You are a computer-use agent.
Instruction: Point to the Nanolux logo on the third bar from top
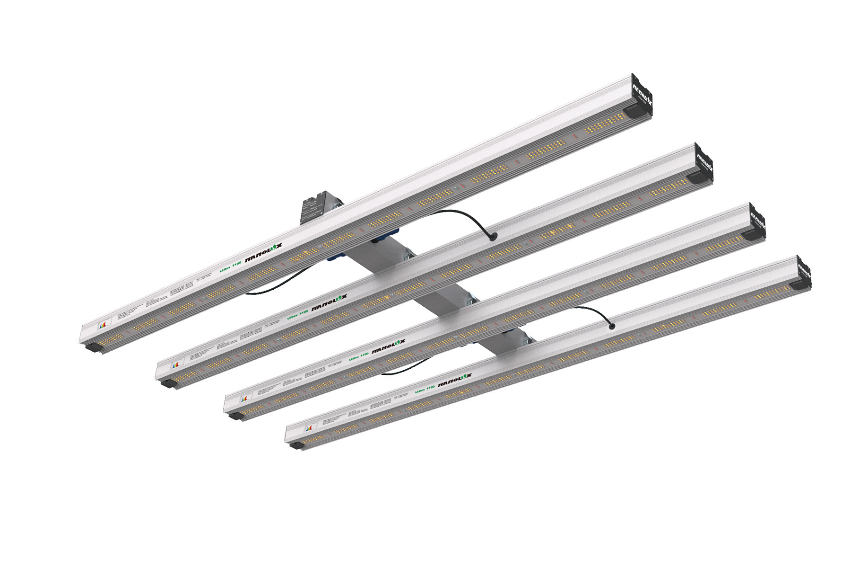[x=390, y=348]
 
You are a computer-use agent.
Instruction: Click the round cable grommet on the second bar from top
[x=494, y=236]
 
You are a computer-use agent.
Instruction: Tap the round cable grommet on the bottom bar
[x=611, y=326]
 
